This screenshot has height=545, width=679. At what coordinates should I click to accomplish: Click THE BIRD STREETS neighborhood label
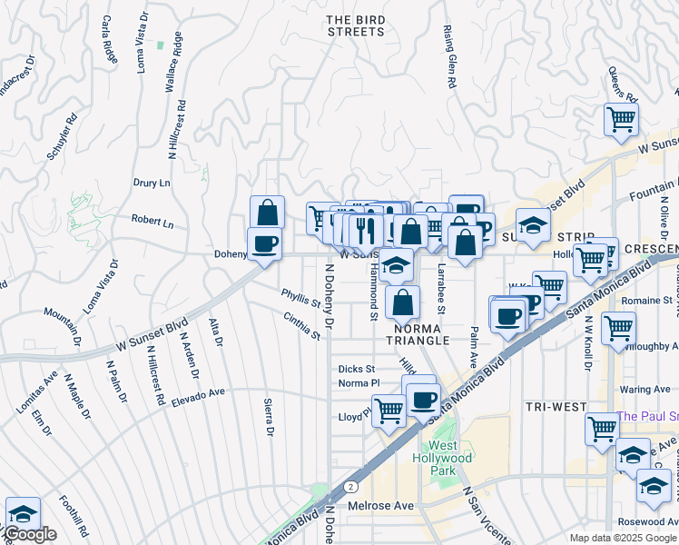[x=355, y=25]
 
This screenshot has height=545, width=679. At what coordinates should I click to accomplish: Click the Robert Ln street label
[x=152, y=220]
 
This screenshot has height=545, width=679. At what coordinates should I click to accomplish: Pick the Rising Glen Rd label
[x=449, y=56]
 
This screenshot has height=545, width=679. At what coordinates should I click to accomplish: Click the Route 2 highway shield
[x=349, y=487]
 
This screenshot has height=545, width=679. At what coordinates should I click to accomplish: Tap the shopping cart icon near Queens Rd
[x=621, y=118]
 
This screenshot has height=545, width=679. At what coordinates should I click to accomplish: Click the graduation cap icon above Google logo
[x=23, y=512]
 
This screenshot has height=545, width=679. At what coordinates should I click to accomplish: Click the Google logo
[x=29, y=534]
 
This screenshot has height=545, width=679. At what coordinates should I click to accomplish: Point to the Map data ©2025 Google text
[x=622, y=538]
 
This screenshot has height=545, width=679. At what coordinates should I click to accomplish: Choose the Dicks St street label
[x=356, y=369]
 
